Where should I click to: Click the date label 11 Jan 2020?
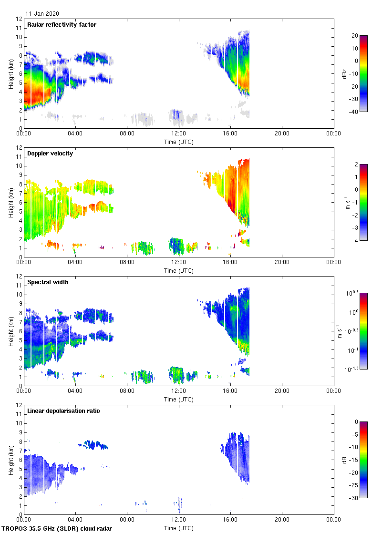tap(42, 14)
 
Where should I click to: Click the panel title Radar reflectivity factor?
tap(62, 25)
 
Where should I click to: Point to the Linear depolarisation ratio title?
tap(63, 411)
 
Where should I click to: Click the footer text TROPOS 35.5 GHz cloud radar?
tap(57, 529)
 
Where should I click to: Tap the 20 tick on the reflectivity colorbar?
tap(354, 36)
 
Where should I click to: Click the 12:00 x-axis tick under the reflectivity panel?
tap(178, 134)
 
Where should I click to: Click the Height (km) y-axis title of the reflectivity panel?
tap(10, 73)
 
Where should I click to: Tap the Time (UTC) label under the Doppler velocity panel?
tap(179, 271)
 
